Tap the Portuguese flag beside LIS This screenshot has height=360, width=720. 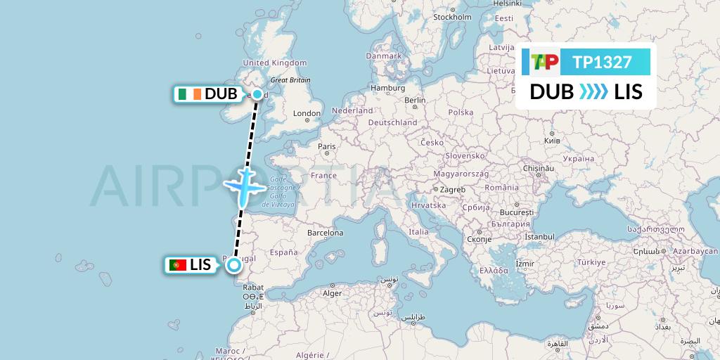(x=177, y=265)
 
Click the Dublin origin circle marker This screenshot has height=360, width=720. (x=257, y=94)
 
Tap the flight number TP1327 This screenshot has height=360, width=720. (x=602, y=63)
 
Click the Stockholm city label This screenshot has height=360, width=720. (x=452, y=17)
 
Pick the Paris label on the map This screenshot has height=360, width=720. (x=326, y=146)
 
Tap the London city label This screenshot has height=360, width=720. (x=307, y=113)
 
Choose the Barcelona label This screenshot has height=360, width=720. (x=324, y=233)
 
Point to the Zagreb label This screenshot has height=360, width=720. (x=453, y=189)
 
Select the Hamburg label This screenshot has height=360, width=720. (x=389, y=88)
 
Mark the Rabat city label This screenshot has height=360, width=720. (x=253, y=287)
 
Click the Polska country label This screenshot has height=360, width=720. (x=461, y=112)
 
